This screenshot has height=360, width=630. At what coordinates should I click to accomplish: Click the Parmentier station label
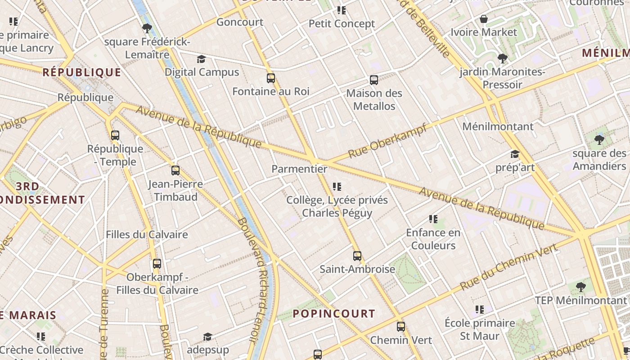pyautogui.click(x=299, y=169)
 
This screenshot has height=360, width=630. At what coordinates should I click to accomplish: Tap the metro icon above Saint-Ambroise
pyautogui.click(x=357, y=256)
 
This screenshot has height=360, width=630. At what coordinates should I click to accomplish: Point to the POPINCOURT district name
pyautogui.click(x=334, y=314)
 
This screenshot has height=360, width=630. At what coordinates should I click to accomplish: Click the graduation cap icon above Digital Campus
pyautogui.click(x=201, y=59)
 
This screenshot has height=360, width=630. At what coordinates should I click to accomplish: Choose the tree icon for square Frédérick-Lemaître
pyautogui.click(x=147, y=28)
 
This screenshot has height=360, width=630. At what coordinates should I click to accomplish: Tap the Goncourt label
pyautogui.click(x=240, y=22)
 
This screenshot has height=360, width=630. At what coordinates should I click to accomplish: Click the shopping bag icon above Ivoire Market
pyautogui.click(x=484, y=19)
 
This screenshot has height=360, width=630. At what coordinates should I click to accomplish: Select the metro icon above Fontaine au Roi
pyautogui.click(x=271, y=78)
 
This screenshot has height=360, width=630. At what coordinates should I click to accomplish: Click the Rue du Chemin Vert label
pyautogui.click(x=508, y=267)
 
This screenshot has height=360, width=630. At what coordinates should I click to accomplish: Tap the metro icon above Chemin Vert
pyautogui.click(x=401, y=327)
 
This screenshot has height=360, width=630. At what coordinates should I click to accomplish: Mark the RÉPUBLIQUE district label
pyautogui.click(x=82, y=72)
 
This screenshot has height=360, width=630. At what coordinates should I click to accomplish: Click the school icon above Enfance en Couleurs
pyautogui.click(x=433, y=219)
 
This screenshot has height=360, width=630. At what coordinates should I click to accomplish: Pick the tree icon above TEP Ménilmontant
pyautogui.click(x=581, y=287)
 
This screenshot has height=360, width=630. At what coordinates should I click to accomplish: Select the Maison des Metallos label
pyautogui.click(x=374, y=99)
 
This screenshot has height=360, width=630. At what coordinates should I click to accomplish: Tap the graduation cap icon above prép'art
pyautogui.click(x=515, y=154)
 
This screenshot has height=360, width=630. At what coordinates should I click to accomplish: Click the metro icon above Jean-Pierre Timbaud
pyautogui.click(x=175, y=171)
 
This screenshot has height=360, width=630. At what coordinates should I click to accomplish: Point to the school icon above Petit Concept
pyautogui.click(x=342, y=10)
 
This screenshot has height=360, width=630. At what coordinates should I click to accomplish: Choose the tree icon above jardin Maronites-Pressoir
pyautogui.click(x=503, y=58)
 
